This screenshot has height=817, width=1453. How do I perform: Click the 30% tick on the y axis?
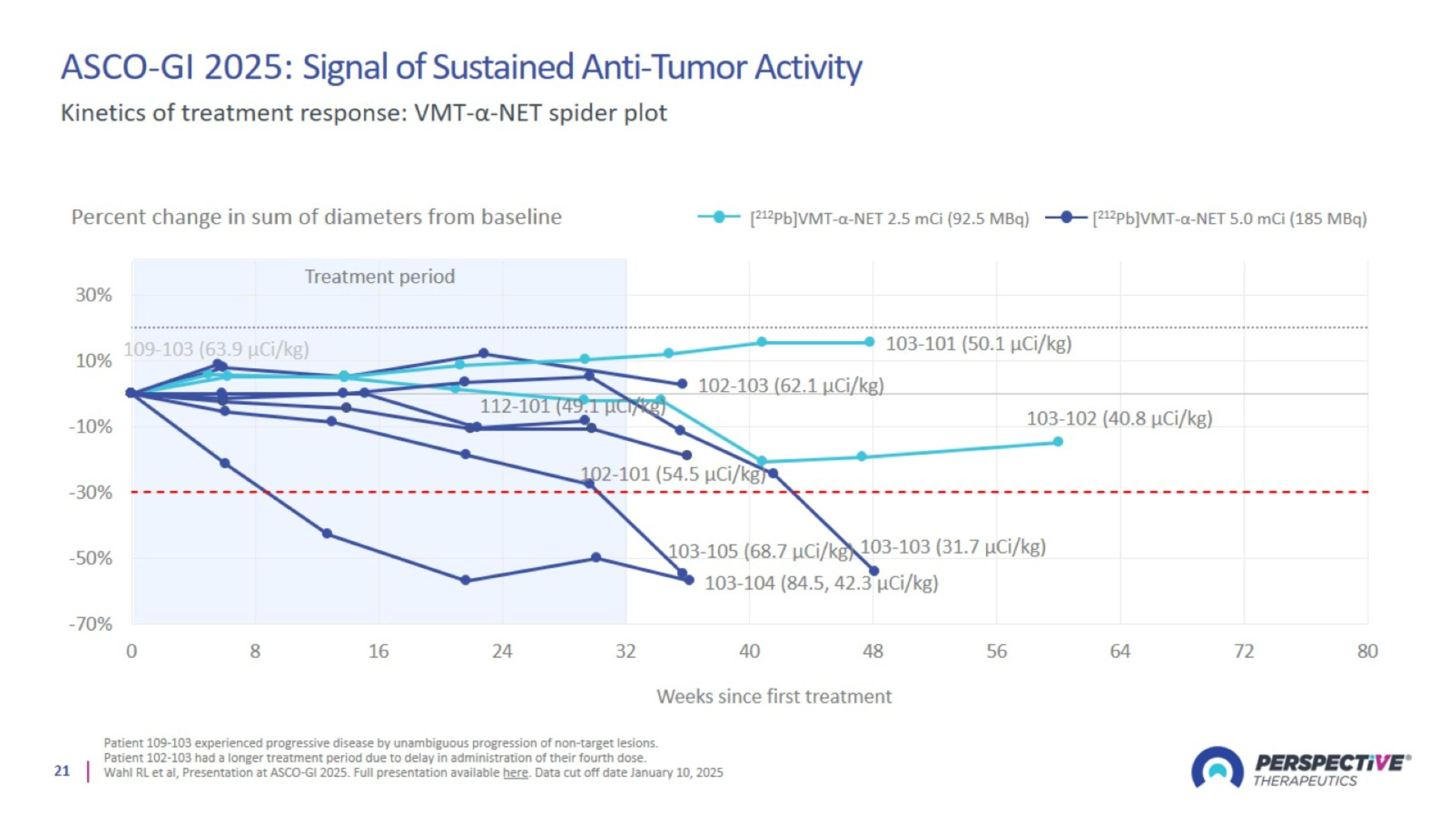click(93, 295)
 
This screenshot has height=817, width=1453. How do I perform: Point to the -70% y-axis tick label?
click(91, 624)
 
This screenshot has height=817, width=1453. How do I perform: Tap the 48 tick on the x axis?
click(873, 652)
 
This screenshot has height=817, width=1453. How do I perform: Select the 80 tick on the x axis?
click(1367, 652)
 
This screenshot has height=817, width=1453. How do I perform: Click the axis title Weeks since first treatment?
click(774, 697)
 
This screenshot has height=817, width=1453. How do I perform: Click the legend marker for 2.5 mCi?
click(719, 217)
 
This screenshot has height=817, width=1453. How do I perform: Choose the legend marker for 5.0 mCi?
click(1066, 217)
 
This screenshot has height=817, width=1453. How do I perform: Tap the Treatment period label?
click(380, 276)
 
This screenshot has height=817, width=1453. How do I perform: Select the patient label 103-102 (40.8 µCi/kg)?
click(1119, 418)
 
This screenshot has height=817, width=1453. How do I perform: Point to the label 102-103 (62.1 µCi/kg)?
click(791, 385)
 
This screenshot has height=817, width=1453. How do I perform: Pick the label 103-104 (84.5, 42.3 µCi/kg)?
click(821, 583)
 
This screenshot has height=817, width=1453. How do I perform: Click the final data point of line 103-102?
click(1058, 442)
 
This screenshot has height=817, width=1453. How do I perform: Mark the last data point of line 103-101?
click(870, 342)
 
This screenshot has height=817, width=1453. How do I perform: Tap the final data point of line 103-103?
click(874, 571)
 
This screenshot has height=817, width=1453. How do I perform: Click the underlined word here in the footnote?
click(515, 772)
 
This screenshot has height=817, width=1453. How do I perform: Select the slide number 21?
click(62, 771)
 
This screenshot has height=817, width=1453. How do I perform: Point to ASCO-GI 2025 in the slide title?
click(171, 67)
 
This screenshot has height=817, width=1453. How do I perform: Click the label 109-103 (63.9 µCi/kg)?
click(216, 349)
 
